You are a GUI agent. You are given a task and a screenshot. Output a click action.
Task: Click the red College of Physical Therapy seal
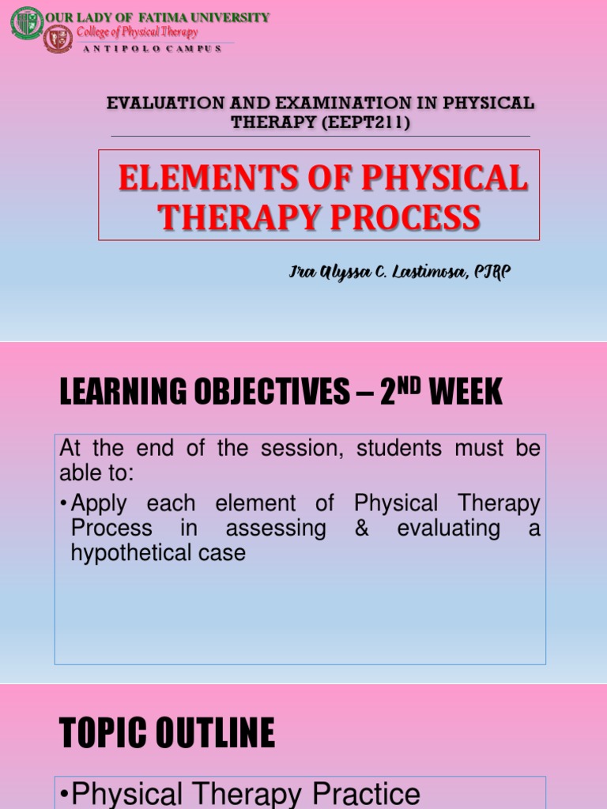coord(58,39)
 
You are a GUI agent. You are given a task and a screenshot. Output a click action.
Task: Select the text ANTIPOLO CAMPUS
coord(152,48)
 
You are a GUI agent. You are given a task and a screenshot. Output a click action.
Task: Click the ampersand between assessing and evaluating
coord(362,528)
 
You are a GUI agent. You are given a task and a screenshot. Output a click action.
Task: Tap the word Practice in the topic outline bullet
coord(367,794)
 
